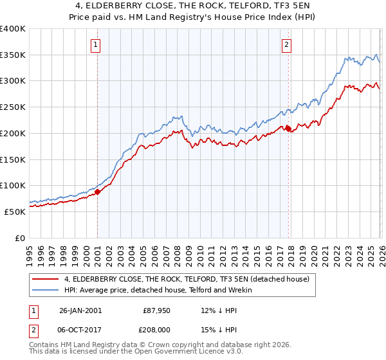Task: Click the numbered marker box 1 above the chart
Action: [95, 45]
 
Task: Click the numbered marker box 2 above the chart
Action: [286, 45]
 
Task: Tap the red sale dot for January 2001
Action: [98, 191]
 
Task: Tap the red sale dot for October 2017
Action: [288, 128]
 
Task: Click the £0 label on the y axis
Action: [21, 237]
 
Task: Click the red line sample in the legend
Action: [45, 279]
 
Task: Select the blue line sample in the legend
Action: [45, 290]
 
